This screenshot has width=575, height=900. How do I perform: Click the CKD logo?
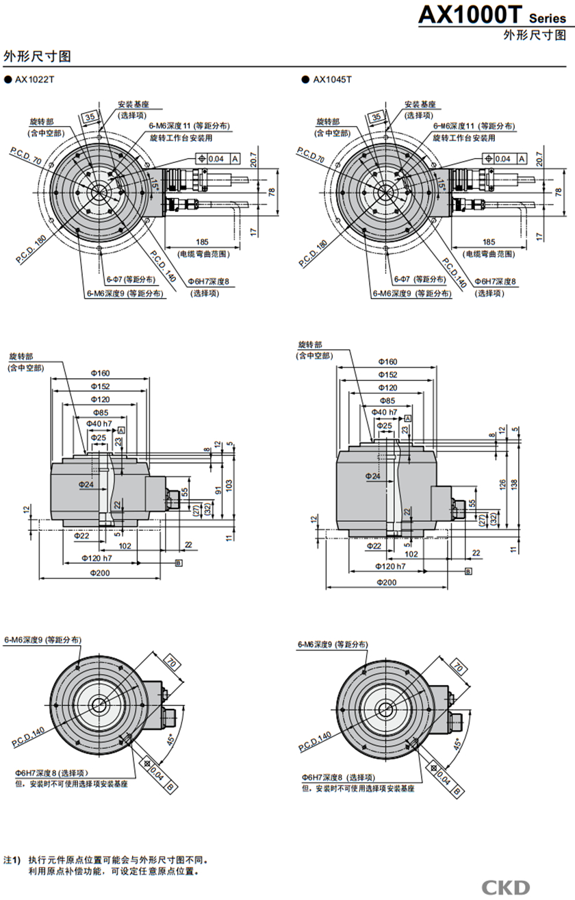click(x=505, y=887)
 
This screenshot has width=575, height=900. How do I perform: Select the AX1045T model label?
click(x=332, y=79)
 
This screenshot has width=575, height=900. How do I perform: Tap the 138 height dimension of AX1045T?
click(x=514, y=483)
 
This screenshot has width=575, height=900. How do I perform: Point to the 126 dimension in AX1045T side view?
click(x=503, y=484)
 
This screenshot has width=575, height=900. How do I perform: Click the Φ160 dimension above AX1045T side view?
click(x=387, y=361)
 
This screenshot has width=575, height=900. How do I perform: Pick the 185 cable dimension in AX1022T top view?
click(x=203, y=242)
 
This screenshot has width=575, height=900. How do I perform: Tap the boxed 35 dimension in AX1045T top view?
click(x=376, y=117)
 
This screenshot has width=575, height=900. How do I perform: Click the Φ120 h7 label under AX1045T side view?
click(x=390, y=566)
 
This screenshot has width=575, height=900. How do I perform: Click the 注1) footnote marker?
click(x=12, y=858)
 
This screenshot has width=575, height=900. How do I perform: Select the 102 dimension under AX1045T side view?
click(x=411, y=554)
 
